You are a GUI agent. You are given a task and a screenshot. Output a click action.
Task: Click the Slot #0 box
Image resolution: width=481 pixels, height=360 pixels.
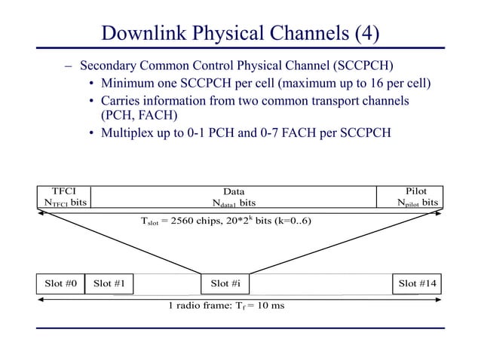(60, 284)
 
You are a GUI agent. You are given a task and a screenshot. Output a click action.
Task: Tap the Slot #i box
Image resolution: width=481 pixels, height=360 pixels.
(225, 284)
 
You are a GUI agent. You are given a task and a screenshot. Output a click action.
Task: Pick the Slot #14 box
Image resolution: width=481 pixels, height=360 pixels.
(418, 284)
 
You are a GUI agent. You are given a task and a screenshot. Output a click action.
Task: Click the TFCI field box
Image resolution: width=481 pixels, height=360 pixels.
(64, 197)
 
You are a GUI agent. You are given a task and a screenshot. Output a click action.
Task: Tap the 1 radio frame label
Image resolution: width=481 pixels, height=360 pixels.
(226, 306)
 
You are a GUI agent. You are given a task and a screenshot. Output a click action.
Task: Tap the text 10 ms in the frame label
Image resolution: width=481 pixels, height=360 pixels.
(271, 306)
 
